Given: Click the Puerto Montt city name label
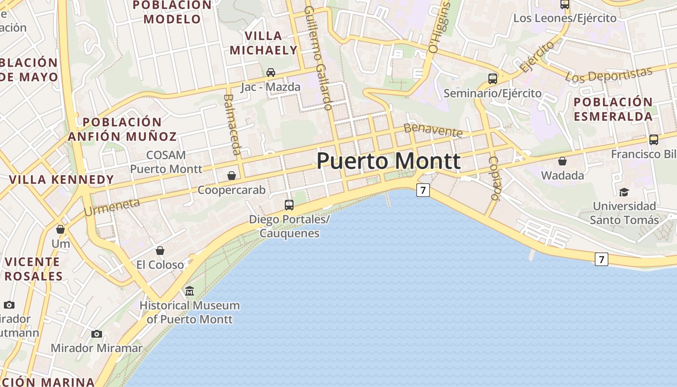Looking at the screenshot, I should pyautogui.click(x=388, y=161).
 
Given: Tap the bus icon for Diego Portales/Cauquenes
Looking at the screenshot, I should pyautogui.click(x=289, y=205).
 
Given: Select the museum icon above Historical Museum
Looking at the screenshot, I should pyautogui.click(x=190, y=291).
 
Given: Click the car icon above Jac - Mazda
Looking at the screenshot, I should pyautogui.click(x=271, y=73).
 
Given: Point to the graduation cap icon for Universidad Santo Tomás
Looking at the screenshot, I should pyautogui.click(x=624, y=192).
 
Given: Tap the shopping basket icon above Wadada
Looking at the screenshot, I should pyautogui.click(x=562, y=161).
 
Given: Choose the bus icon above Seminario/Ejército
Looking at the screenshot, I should pyautogui.click(x=493, y=78).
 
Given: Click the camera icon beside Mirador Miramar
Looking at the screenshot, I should pyautogui.click(x=97, y=334).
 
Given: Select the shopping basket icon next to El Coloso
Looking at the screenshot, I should pyautogui.click(x=160, y=251).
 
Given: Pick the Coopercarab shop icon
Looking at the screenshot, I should pyautogui.click(x=232, y=176).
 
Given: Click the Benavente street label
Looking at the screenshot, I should pyautogui.click(x=433, y=130).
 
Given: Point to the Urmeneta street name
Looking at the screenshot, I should pyautogui.click(x=112, y=207).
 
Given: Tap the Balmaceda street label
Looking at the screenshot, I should pyautogui.click(x=232, y=124).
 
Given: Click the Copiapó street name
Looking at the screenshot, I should pyautogui.click(x=494, y=178).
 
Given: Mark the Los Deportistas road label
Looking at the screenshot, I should pyautogui.click(x=609, y=74).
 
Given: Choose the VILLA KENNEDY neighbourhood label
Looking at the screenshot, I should pyautogui.click(x=61, y=179).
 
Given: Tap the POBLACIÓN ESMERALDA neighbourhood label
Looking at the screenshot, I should pyautogui.click(x=613, y=109).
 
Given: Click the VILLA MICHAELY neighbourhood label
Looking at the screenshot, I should pyautogui.click(x=264, y=43).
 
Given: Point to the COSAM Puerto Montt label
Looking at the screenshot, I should pyautogui.click(x=166, y=162).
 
